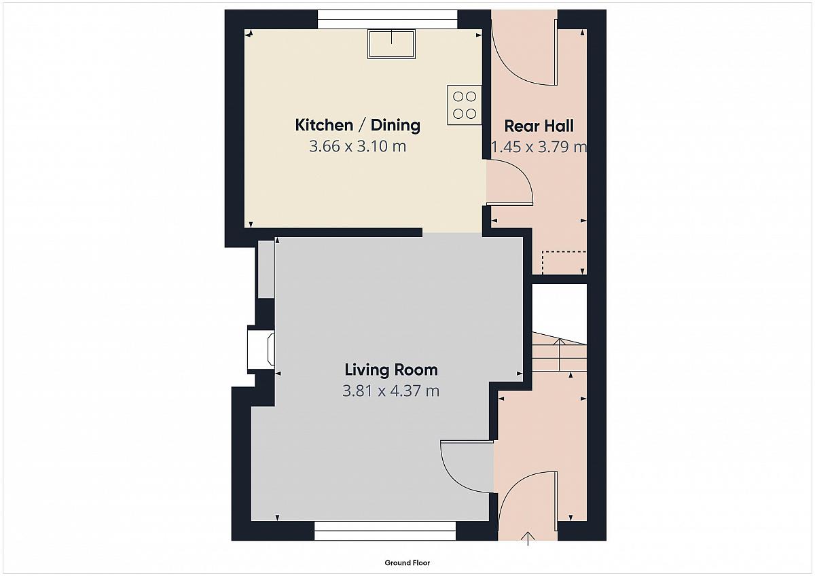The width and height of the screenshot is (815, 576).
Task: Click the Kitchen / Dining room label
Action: (x=358, y=125)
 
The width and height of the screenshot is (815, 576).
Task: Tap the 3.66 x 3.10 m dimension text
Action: (x=358, y=146)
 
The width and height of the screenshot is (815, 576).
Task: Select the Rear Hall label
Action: (x=539, y=126)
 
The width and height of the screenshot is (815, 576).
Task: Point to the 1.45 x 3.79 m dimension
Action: (x=539, y=147)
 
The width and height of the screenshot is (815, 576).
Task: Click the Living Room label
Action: (x=391, y=370)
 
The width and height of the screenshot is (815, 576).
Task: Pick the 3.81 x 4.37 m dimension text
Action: (x=391, y=391)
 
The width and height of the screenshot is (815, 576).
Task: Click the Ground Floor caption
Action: (x=407, y=563)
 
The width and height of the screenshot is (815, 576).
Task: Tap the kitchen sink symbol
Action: (x=391, y=44)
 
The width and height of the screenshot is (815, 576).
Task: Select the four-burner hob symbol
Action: (x=465, y=105)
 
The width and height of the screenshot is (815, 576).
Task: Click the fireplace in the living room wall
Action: (x=261, y=349)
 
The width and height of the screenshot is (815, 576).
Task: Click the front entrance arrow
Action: (x=528, y=539)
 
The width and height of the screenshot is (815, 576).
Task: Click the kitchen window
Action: (x=388, y=19)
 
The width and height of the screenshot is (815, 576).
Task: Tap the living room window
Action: (x=385, y=531)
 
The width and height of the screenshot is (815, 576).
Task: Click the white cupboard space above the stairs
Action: (x=560, y=309)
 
